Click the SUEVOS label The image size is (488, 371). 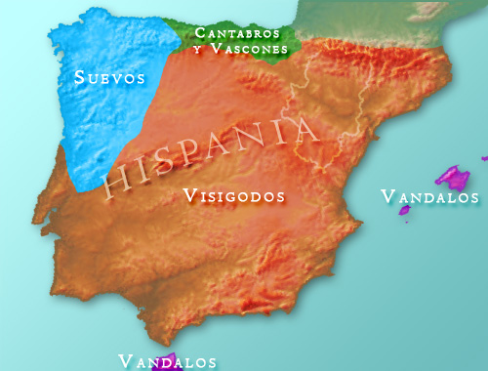[x=109, y=78]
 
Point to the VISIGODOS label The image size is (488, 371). [x=234, y=196]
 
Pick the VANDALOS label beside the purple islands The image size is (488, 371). [x=429, y=197]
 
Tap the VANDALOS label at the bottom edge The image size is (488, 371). [x=168, y=361]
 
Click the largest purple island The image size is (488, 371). [x=451, y=178]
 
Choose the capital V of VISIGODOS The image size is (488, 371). [x=189, y=195]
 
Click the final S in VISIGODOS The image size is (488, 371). [x=280, y=197]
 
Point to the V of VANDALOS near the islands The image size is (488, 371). [x=387, y=197]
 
